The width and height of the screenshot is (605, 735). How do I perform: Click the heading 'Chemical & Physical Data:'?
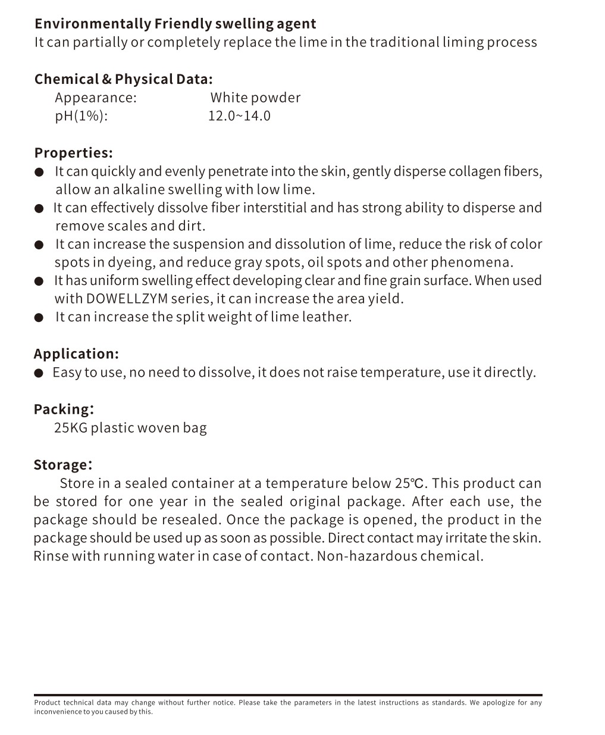pyautogui.click(x=123, y=79)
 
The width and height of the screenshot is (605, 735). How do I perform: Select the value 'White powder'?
pyautogui.click(x=255, y=98)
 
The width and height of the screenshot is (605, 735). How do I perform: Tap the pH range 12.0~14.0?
pyautogui.click(x=239, y=115)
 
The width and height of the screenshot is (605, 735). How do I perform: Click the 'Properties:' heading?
pyautogui.click(x=73, y=153)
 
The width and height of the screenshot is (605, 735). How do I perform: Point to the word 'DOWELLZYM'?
pyautogui.click(x=127, y=299)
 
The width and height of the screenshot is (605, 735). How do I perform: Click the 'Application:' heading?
pyautogui.click(x=76, y=354)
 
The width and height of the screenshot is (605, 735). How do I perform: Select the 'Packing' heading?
pyautogui.click(x=62, y=409)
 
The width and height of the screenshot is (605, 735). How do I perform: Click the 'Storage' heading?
pyautogui.click(x=61, y=465)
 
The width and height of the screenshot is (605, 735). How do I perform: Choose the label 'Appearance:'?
pyautogui.click(x=96, y=98)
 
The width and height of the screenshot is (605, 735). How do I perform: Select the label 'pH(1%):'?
pyautogui.click(x=81, y=115)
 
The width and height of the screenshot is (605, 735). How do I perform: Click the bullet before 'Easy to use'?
pyautogui.click(x=39, y=373)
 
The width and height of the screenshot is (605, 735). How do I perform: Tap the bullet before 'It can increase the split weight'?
pyautogui.click(x=39, y=318)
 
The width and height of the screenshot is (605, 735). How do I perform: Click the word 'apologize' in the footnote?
pyautogui.click(x=500, y=703)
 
